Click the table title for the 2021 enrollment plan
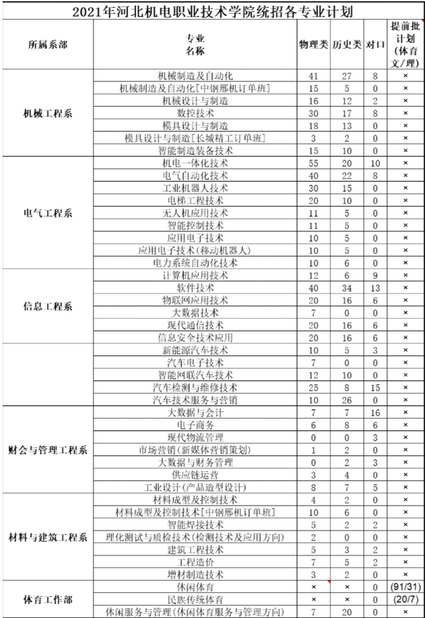[x=212, y=11]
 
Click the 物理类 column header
[x=313, y=45]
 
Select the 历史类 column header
[x=346, y=45]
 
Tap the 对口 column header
[x=375, y=45]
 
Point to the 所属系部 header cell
[x=47, y=45]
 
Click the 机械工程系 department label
[x=47, y=113]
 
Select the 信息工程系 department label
[x=47, y=307]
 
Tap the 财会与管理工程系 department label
[x=47, y=451]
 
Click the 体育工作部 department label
[x=47, y=600]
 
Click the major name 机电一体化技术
[x=195, y=163]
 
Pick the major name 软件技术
[x=195, y=288]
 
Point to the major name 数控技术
[x=195, y=113]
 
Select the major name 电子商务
[x=195, y=425]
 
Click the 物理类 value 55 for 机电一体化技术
[x=313, y=163]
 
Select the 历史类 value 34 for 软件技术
[x=346, y=288]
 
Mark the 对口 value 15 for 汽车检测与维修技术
[x=375, y=388]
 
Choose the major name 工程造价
[x=195, y=562]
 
